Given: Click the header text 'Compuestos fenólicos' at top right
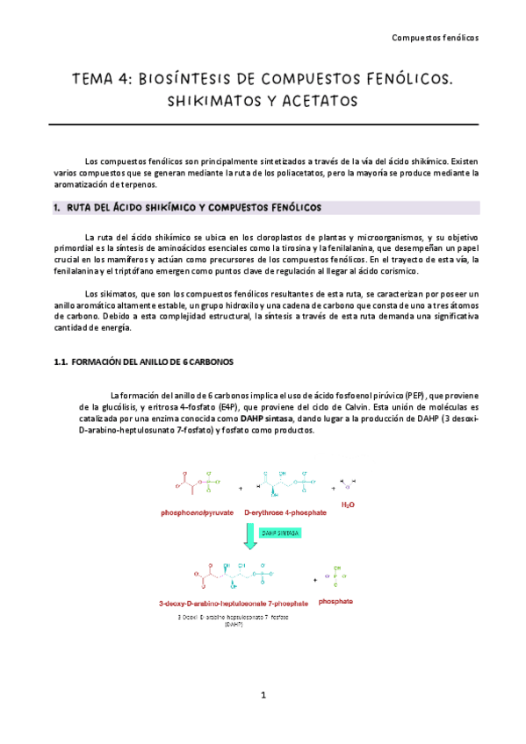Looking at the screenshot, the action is [435, 38].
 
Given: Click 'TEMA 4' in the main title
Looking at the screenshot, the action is [103, 80].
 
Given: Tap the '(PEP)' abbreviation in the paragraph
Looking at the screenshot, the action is [411, 394].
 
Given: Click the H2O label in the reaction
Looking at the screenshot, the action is [349, 505].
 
